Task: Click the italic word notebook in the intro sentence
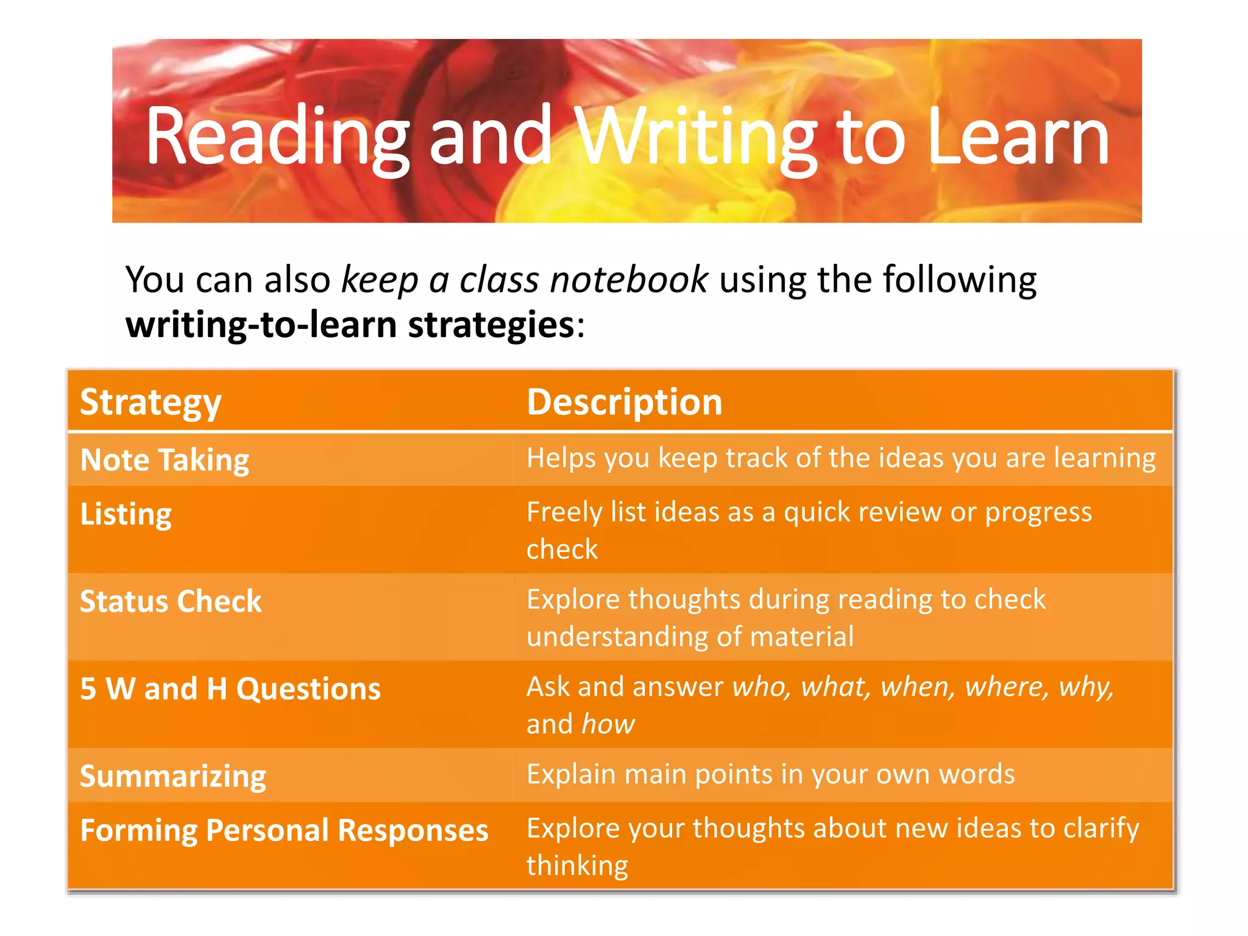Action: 628,280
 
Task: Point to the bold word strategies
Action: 491,324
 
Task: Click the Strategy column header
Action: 151,402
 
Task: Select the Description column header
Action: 624,402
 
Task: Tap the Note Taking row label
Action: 165,459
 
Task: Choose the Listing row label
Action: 126,514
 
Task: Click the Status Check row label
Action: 171,601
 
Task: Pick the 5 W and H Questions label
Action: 230,689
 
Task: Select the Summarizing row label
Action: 173,776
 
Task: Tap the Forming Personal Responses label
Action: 284,830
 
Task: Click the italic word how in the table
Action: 608,725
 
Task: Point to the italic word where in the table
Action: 1006,687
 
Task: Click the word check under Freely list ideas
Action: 562,550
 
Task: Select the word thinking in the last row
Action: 577,865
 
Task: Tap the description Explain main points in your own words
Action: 770,774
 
